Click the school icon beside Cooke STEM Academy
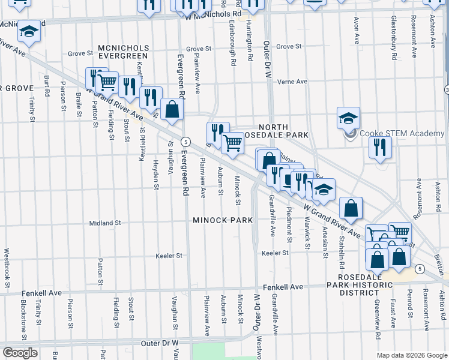tap(348, 118)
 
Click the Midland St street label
tap(105, 223)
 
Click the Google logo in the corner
tap(20, 353)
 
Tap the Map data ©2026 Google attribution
tap(411, 355)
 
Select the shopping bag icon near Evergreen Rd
tap(172, 109)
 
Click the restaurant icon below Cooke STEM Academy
tap(379, 146)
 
